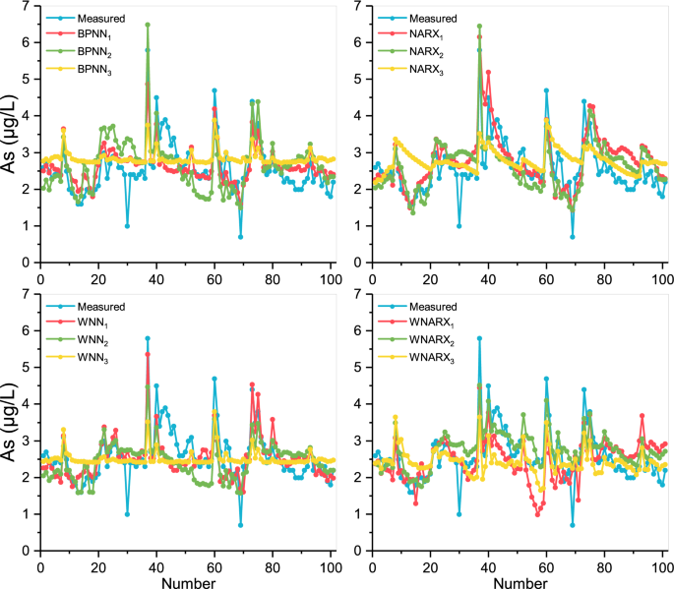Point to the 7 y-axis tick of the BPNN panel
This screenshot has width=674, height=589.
pos(30,6)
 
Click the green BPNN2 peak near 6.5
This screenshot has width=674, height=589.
pos(148,25)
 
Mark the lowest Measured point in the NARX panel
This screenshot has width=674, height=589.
pos(572,237)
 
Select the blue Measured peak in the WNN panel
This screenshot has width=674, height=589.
pos(148,338)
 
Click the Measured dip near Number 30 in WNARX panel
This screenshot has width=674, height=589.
pos(459,514)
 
